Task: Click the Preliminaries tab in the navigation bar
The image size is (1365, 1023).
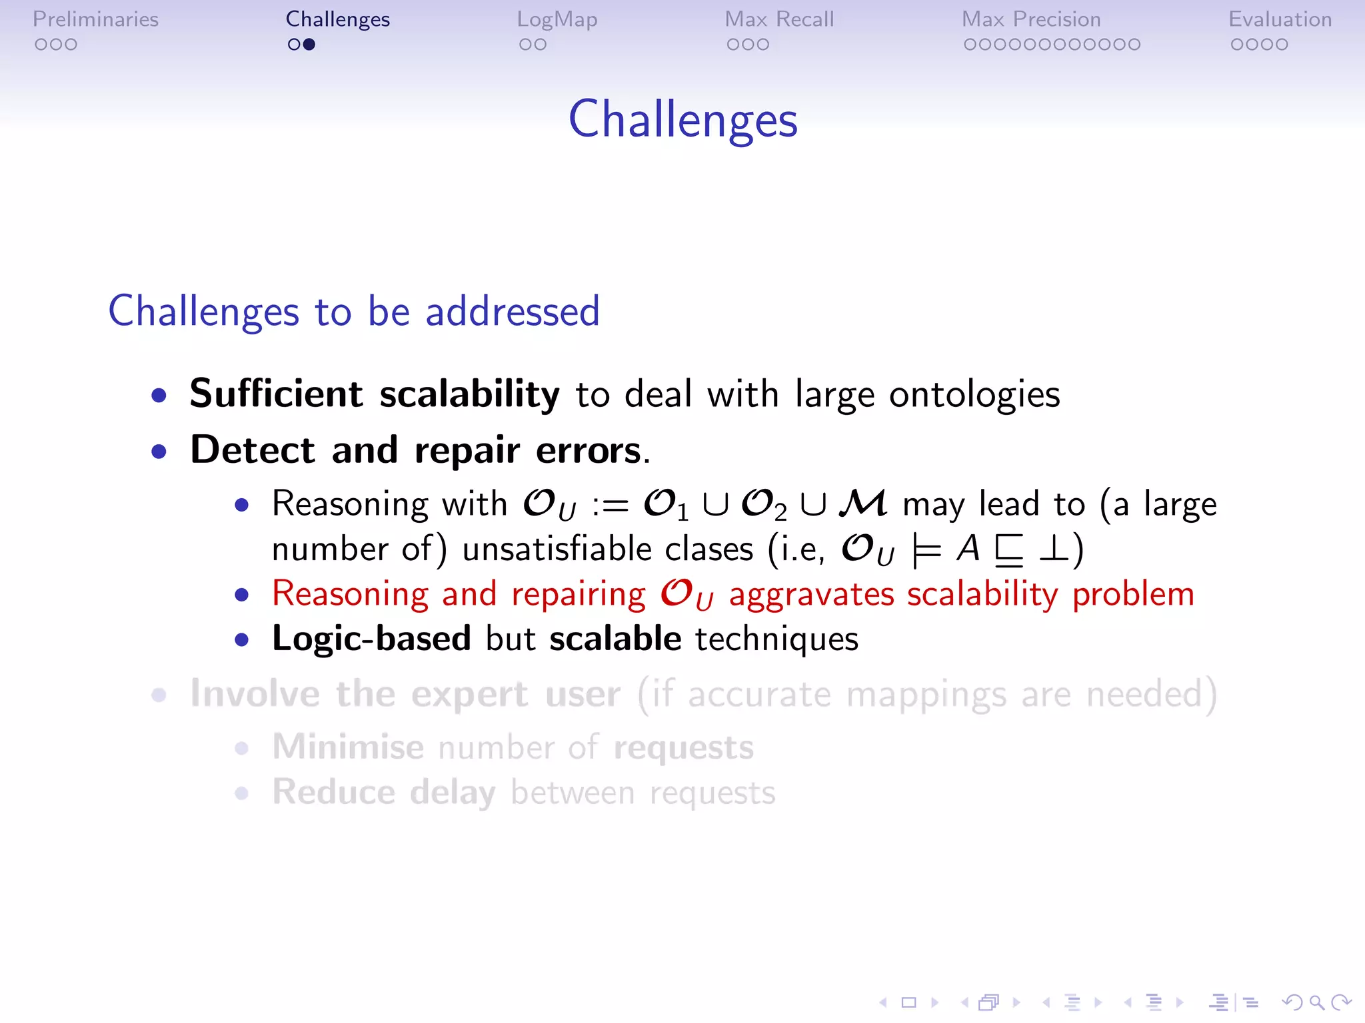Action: coord(95,19)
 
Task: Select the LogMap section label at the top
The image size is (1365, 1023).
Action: coord(557,19)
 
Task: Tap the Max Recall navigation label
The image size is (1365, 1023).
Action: coord(779,19)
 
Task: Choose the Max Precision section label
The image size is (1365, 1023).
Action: coord(1031,19)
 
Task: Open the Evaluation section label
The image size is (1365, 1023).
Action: coord(1280,19)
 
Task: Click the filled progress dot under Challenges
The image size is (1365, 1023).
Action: coord(309,45)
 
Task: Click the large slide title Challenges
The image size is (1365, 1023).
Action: coord(682,119)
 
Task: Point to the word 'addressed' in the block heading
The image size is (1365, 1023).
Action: coord(513,311)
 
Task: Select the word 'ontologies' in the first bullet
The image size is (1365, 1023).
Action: coord(974,394)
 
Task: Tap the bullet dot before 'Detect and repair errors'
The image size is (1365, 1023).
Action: coord(159,452)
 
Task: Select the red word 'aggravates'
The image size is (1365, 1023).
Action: coord(810,594)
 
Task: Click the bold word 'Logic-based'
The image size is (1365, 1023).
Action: coord(371,639)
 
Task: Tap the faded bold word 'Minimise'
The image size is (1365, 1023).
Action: coord(348,747)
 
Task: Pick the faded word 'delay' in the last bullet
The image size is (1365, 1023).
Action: coord(452,793)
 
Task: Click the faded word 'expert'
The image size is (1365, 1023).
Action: coord(469,694)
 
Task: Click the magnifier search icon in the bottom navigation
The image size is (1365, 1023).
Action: coord(1316,1002)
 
